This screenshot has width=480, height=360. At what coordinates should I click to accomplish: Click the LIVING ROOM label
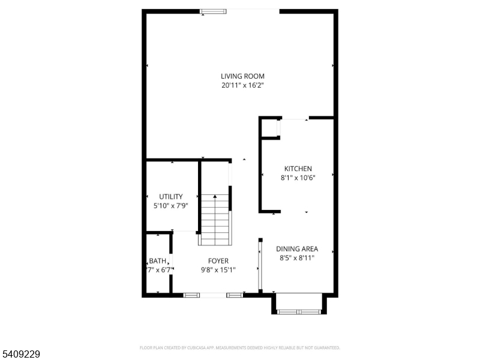(242, 76)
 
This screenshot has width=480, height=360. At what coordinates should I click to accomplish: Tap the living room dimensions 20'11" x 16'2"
(242, 85)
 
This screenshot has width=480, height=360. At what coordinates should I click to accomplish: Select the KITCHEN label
(298, 169)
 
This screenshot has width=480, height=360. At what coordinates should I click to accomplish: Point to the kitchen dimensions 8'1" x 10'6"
(298, 177)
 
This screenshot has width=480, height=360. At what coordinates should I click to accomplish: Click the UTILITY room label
(170, 197)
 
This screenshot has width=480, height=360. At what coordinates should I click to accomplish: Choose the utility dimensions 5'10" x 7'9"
(170, 206)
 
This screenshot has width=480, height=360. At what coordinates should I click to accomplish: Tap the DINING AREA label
(296, 249)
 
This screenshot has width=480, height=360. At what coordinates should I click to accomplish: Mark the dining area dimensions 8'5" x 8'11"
(296, 257)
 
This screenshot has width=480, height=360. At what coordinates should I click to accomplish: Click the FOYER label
(218, 261)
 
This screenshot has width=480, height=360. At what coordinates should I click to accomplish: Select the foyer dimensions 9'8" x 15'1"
(218, 270)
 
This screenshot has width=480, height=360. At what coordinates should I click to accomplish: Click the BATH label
(157, 261)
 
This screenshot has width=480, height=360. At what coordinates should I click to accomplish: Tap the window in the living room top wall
(213, 11)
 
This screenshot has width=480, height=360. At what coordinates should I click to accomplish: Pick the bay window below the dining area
(299, 311)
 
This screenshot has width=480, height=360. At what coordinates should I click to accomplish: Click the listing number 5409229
(20, 355)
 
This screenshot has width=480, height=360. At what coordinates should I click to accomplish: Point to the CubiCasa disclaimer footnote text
(239, 347)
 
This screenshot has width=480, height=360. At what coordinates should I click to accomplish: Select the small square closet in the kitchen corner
(270, 128)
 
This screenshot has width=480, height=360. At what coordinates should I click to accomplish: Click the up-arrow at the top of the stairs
(215, 196)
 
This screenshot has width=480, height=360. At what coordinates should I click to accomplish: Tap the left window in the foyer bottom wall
(191, 295)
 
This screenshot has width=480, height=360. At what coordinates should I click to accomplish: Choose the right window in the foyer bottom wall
(235, 295)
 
